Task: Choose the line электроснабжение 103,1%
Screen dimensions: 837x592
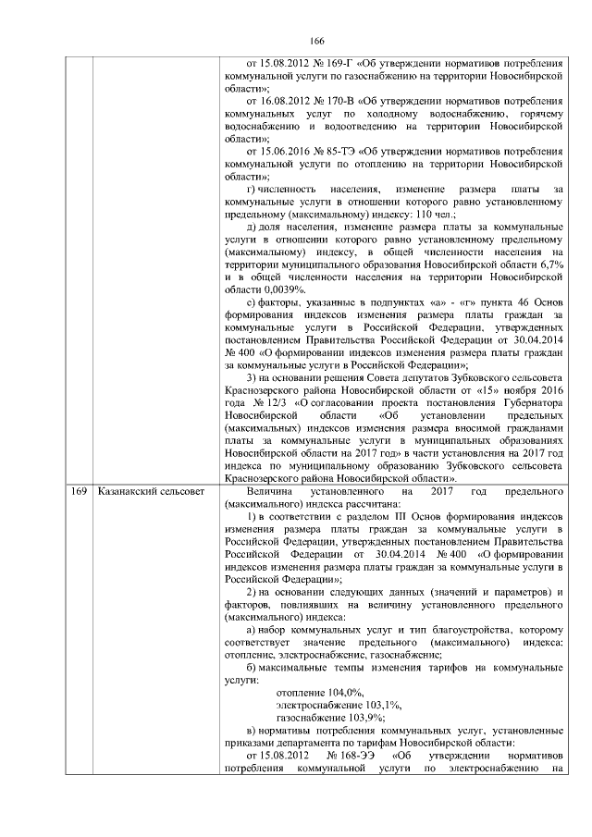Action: pyautogui.click(x=339, y=704)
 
